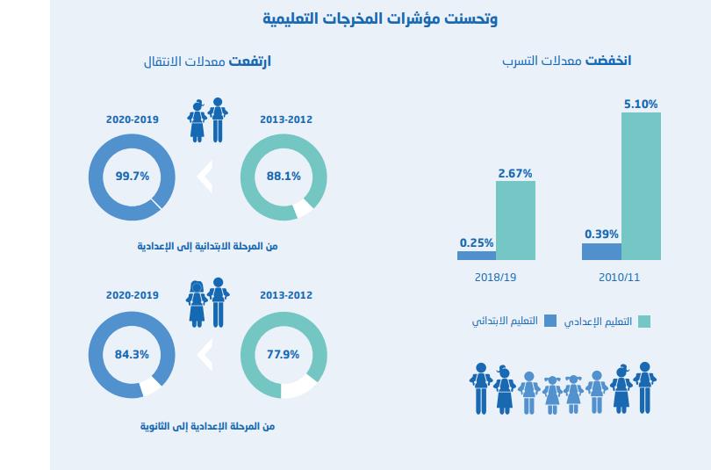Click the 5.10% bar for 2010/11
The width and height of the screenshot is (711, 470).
[641, 186]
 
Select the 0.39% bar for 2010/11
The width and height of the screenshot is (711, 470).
[601, 252]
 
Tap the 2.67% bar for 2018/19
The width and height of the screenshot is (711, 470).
[515, 221]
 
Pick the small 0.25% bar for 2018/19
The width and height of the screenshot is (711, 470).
[477, 256]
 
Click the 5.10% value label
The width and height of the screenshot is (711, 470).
[641, 104]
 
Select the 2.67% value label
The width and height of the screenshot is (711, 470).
[515, 173]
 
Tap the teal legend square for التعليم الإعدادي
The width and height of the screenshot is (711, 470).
[643, 321]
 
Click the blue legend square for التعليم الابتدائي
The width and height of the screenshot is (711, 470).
[550, 321]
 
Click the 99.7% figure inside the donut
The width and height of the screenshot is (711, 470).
[133, 176]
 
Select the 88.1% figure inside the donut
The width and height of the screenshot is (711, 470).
[284, 176]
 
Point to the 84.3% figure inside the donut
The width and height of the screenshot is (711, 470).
[133, 355]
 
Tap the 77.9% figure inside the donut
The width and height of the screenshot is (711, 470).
[284, 355]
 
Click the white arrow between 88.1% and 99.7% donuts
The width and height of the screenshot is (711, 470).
[205, 177]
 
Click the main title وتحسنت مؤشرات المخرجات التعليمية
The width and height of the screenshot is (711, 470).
[380, 18]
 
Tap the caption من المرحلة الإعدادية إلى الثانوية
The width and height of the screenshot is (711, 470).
[208, 426]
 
